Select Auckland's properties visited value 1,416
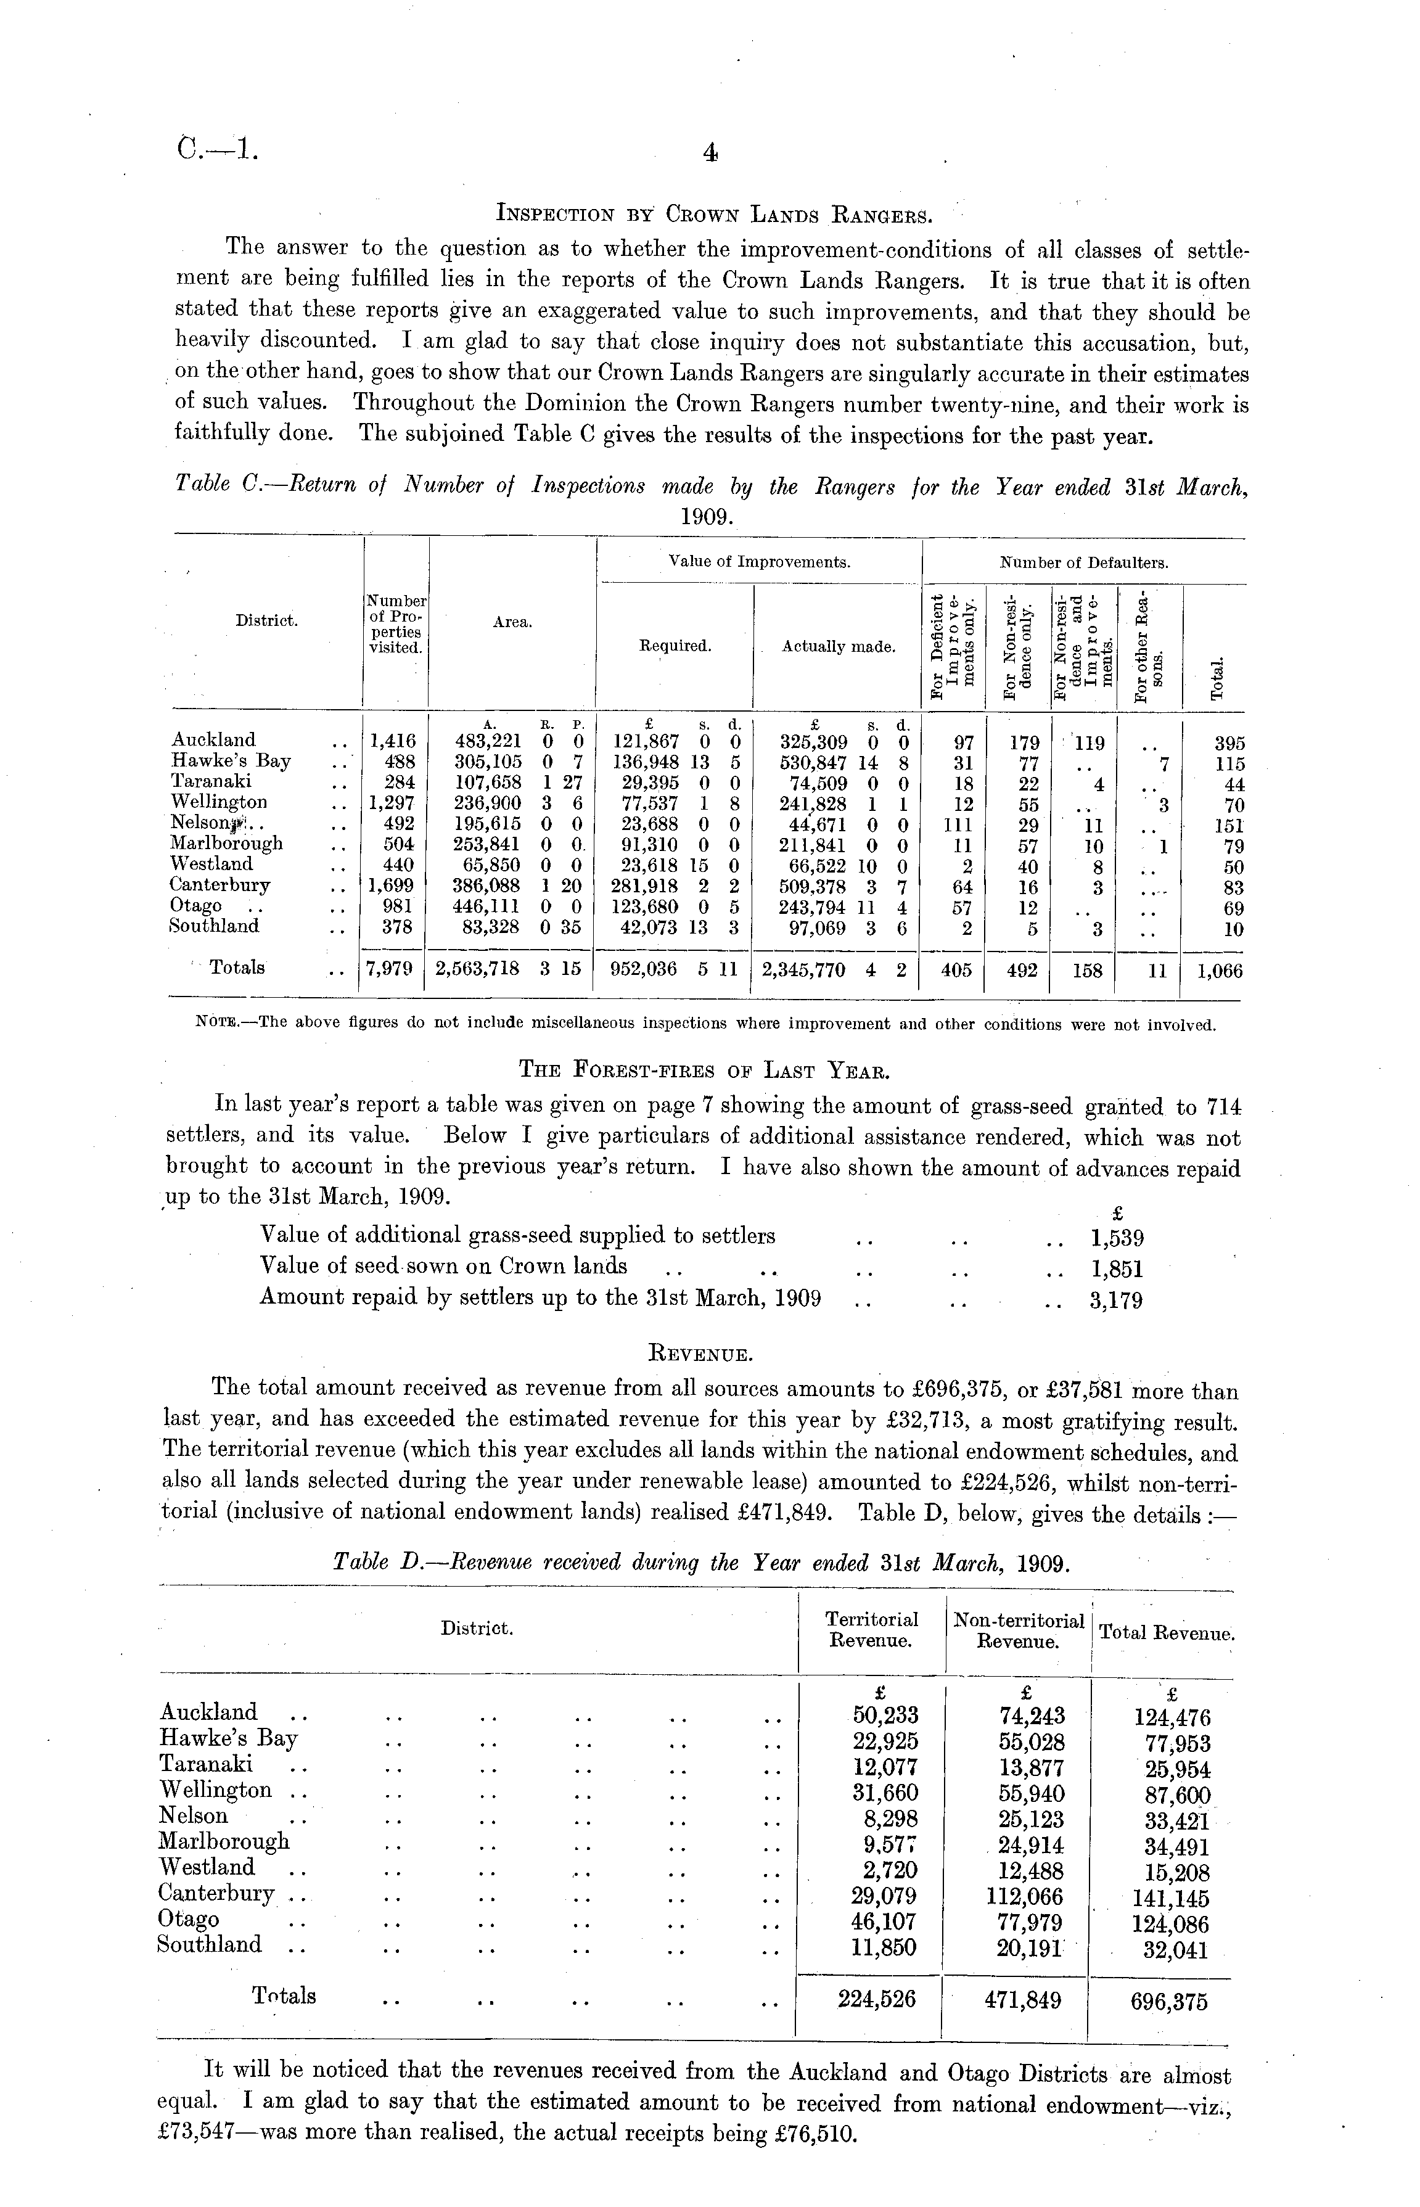click(x=393, y=740)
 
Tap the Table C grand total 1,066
click(x=1219, y=970)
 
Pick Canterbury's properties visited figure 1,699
click(x=393, y=885)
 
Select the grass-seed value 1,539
click(x=1117, y=1237)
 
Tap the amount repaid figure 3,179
click(x=1117, y=1300)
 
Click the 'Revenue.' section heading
click(x=704, y=1355)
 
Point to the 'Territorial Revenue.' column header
click(x=871, y=1630)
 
